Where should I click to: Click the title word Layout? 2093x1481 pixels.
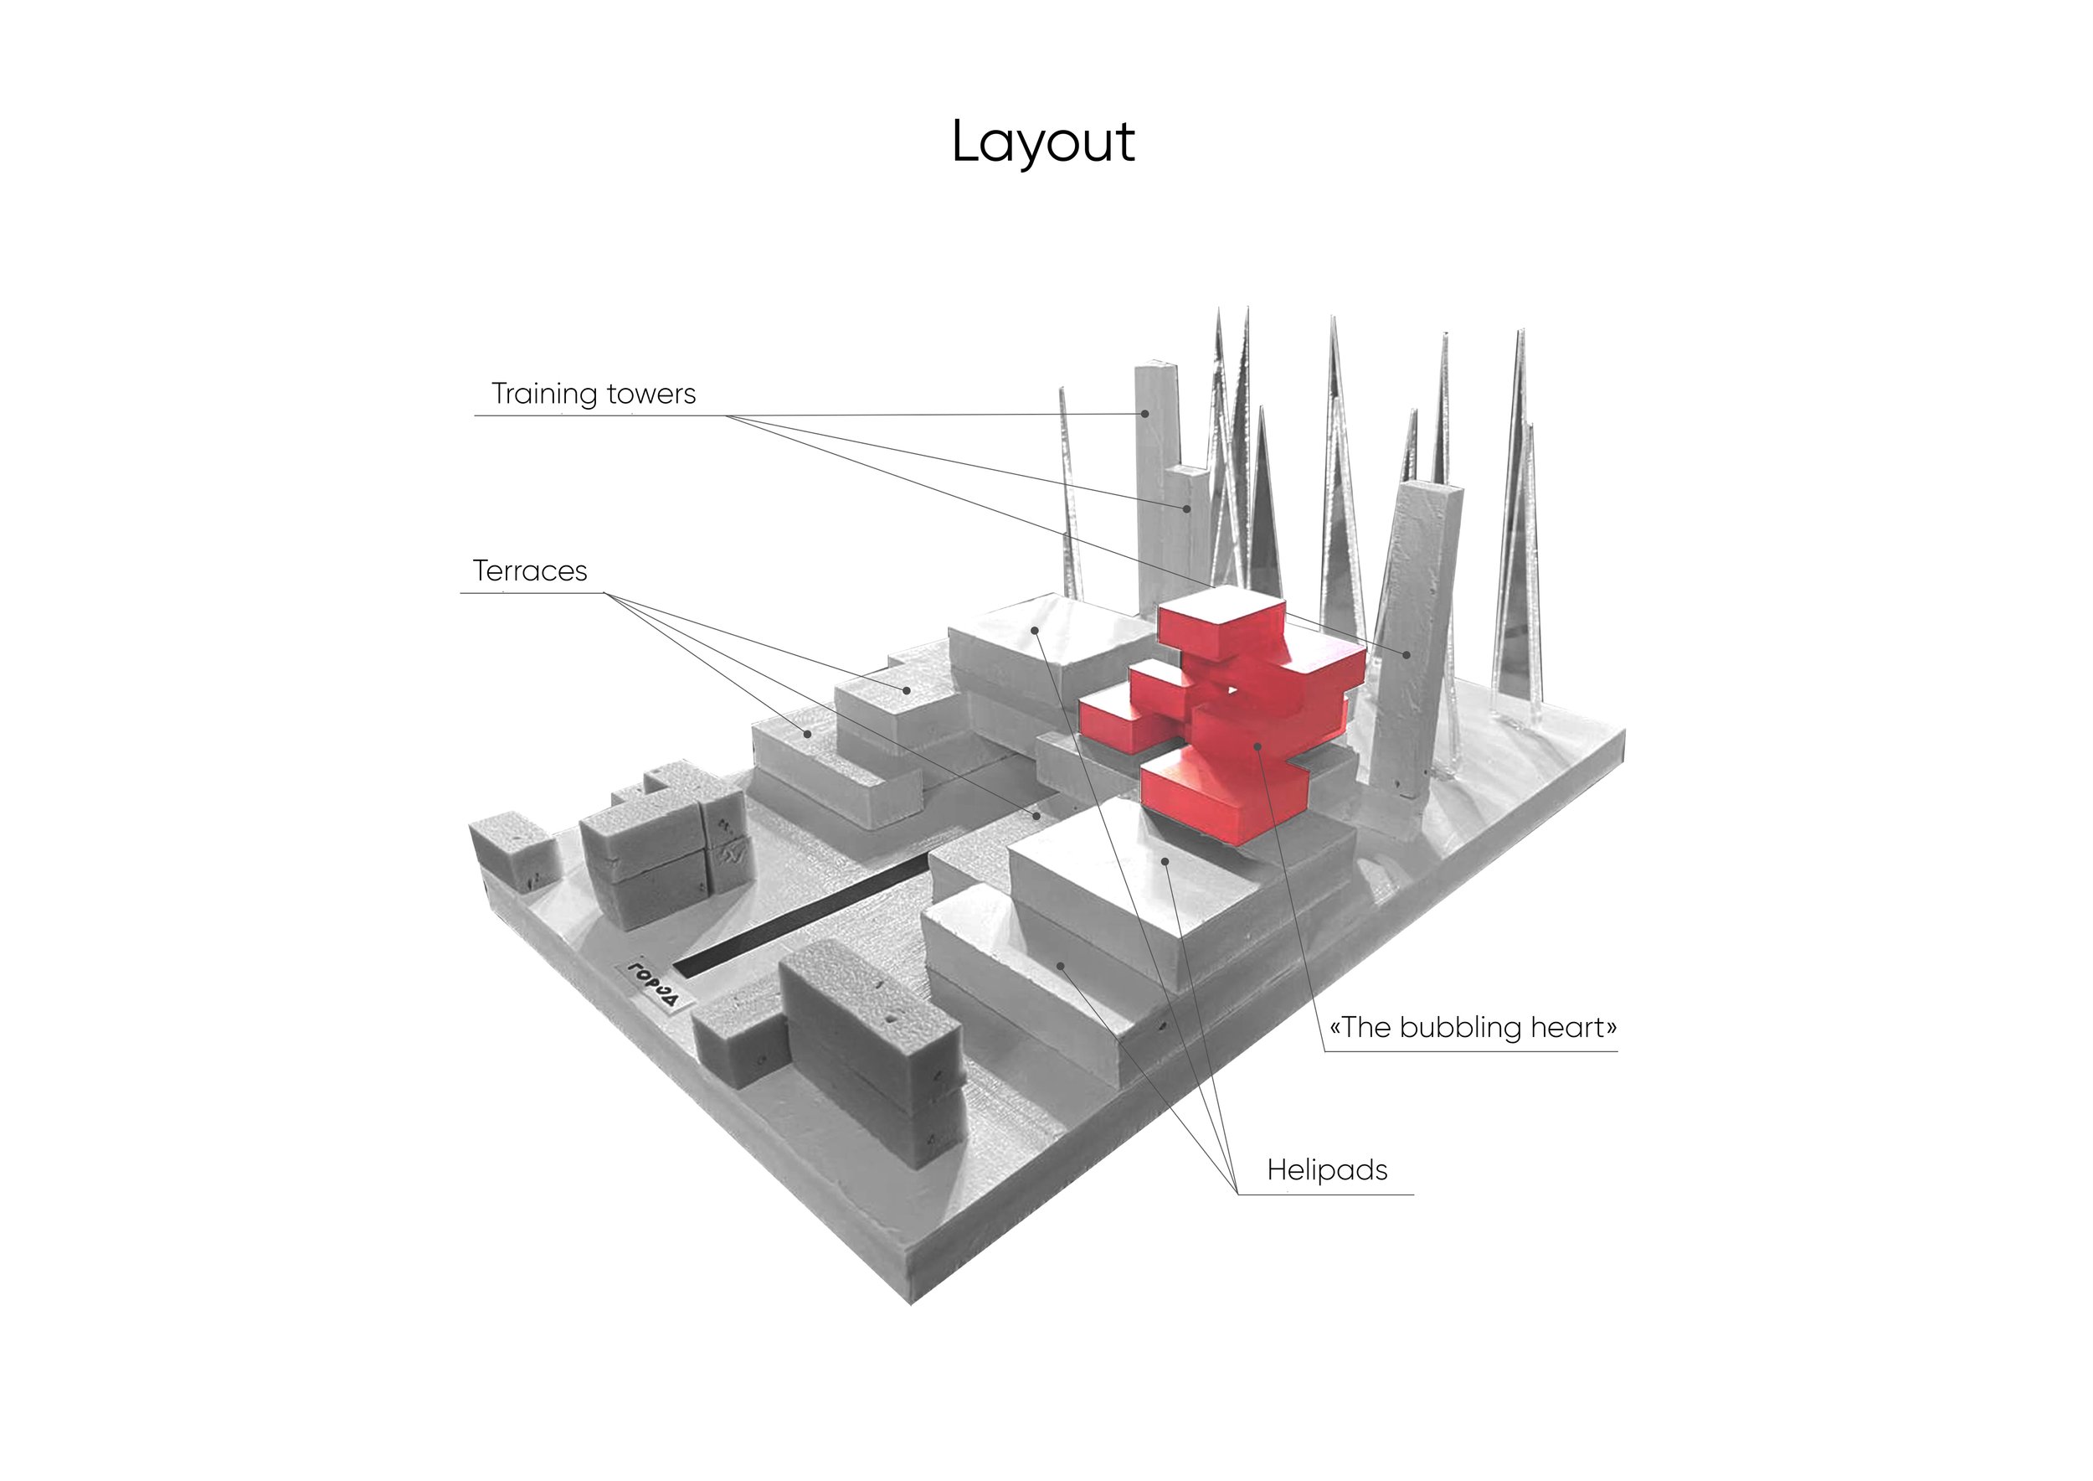[1043, 143]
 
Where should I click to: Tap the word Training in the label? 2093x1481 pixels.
[545, 394]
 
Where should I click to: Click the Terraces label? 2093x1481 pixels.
[530, 571]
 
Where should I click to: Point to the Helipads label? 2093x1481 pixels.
[1326, 1170]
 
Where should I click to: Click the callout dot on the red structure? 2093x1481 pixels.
[1258, 746]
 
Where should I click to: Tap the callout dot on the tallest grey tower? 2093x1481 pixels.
[1145, 413]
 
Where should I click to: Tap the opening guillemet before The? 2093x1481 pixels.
[1335, 1029]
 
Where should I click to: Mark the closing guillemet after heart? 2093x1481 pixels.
[1611, 1029]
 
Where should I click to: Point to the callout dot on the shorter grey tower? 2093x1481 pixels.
[1187, 508]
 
